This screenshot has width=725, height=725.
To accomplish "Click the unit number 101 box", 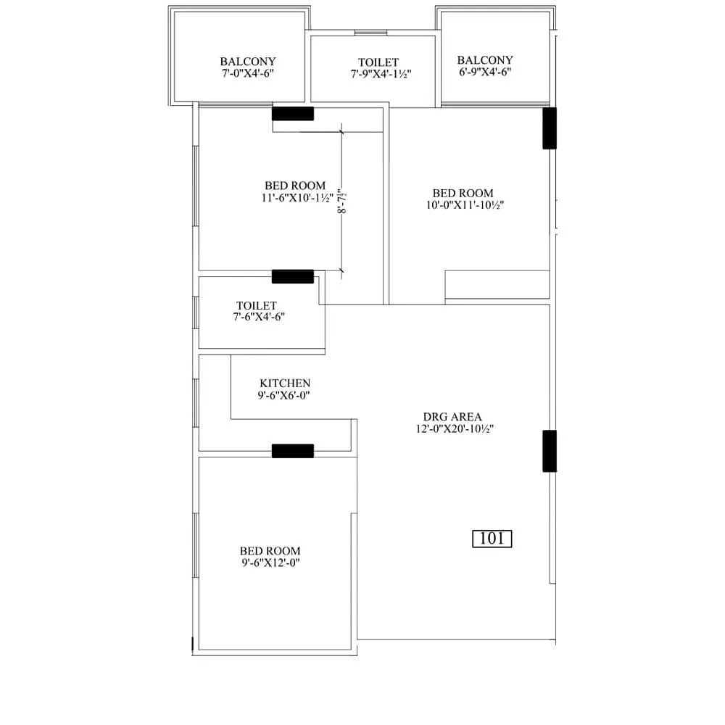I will [492, 539].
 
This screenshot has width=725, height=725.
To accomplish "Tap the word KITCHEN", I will [285, 383].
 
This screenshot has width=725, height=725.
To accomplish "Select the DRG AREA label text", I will [452, 417].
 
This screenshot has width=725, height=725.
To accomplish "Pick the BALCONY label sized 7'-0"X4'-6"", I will [248, 62].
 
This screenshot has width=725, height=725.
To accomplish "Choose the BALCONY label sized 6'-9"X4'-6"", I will [485, 60].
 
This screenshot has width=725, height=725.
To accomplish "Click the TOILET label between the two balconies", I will [378, 62].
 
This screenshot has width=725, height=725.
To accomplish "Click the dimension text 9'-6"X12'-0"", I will [270, 563].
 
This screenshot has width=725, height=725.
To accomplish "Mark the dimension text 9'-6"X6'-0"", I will [285, 395].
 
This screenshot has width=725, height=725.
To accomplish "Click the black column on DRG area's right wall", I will [550, 451].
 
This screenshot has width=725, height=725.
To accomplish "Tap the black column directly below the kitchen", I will [293, 451].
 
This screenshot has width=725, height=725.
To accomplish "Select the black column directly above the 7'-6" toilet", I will [293, 276].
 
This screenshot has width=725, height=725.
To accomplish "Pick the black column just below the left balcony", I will [293, 114].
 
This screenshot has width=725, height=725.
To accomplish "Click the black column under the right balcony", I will [550, 128].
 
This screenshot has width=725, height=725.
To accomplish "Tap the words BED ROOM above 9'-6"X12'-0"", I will [270, 551].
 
